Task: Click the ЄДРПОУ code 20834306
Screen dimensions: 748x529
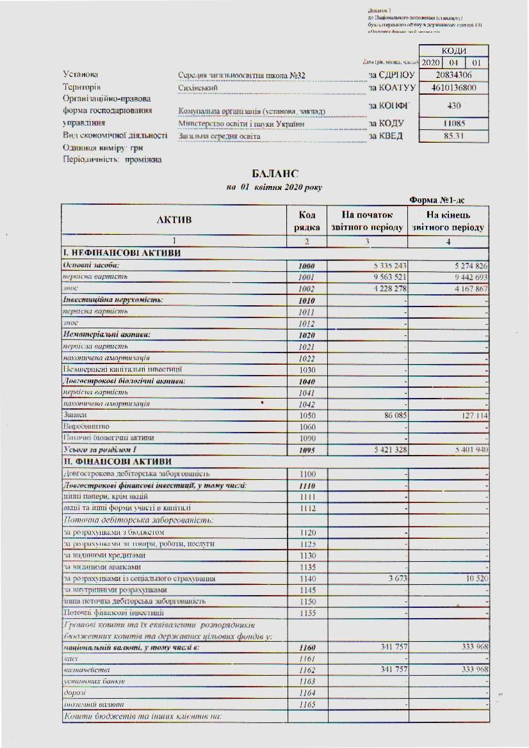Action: click(453, 76)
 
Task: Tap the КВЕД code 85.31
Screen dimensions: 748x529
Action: click(453, 136)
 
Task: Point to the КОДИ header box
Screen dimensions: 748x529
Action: click(453, 51)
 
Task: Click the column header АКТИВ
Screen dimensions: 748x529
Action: click(174, 221)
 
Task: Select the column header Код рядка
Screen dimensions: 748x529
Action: click(307, 221)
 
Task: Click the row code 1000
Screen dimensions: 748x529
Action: click(307, 266)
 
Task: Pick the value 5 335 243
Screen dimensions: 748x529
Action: click(385, 266)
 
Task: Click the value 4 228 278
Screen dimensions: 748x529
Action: click(385, 289)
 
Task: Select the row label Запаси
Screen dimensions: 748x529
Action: click(74, 415)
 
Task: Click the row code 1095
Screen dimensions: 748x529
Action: click(307, 450)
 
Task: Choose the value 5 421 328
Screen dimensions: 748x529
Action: click(385, 450)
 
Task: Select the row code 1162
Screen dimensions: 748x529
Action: click(307, 670)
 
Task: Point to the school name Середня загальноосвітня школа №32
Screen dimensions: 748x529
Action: click(242, 76)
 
